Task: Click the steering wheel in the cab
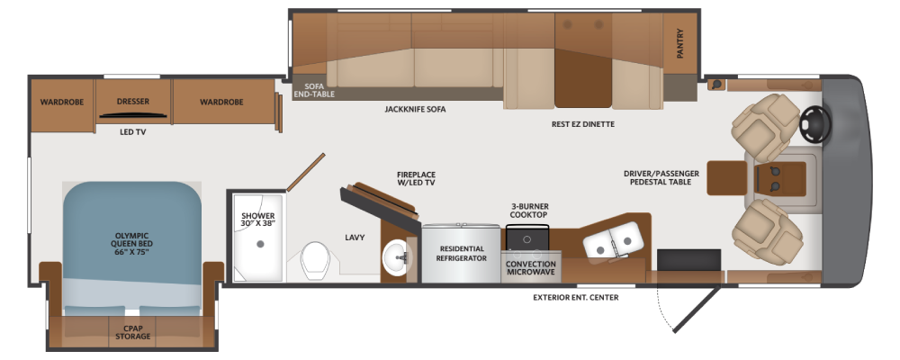(x=815, y=123)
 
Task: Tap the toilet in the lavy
(x=314, y=260)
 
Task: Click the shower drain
(x=260, y=243)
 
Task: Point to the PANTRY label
(x=680, y=43)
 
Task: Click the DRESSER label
(x=133, y=102)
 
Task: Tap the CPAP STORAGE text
(x=132, y=332)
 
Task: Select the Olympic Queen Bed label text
(x=132, y=243)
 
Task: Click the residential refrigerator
(x=461, y=253)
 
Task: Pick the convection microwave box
(x=531, y=267)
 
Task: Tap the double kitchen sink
(x=612, y=239)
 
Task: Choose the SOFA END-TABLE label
(x=314, y=90)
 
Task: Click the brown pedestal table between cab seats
(x=726, y=178)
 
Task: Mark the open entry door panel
(x=696, y=310)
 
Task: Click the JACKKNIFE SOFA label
(x=415, y=109)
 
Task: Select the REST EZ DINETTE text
(x=582, y=124)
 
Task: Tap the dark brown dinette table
(x=582, y=78)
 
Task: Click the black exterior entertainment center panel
(x=688, y=259)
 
